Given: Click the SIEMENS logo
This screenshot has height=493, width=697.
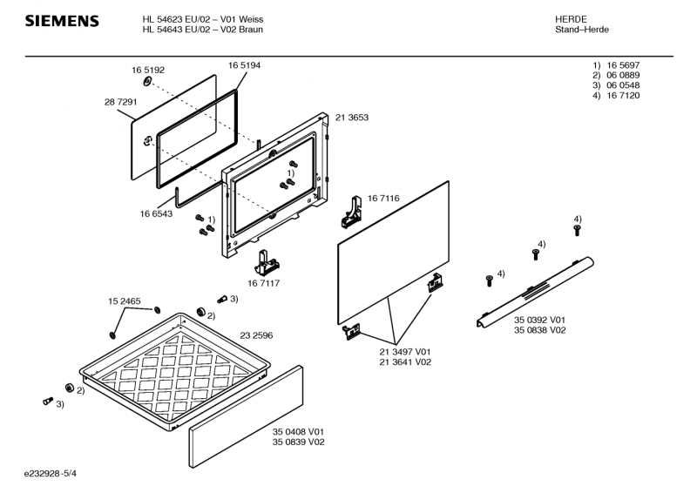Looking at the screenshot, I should tap(61, 21).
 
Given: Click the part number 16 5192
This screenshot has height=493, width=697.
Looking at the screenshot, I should tap(148, 70).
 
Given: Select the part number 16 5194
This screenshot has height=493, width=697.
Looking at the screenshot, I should tap(244, 65).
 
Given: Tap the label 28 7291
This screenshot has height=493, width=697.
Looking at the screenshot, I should tap(120, 102).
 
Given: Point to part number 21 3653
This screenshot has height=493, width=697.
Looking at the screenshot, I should tap(352, 118).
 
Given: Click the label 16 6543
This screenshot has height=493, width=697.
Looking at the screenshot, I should tap(156, 213).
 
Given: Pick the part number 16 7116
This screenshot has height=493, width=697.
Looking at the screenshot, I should tap(383, 199).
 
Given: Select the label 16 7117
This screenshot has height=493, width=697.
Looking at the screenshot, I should tap(263, 283).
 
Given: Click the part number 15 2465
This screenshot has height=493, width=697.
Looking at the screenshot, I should tap(125, 301).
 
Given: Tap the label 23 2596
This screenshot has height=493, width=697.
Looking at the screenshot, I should tap(256, 335).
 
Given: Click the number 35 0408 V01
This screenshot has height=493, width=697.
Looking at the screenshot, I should tap(298, 432).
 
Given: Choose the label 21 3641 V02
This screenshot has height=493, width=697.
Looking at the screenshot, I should tap(405, 361).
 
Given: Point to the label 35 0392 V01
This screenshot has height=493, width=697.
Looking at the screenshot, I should tap(539, 320).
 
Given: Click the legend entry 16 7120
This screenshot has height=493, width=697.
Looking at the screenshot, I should tap(623, 96).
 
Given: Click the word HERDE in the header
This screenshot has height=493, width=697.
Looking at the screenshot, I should tap(571, 19).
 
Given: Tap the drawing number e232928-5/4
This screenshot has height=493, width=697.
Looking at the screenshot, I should tap(57, 472).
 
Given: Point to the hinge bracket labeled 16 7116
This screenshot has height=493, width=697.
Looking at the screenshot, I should tap(351, 211).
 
